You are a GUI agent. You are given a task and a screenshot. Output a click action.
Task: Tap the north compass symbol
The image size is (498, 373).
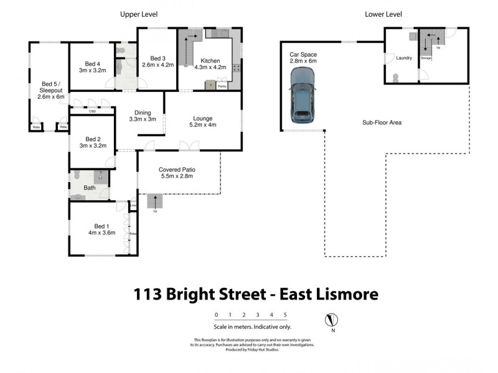pyautogui.click(x=332, y=321)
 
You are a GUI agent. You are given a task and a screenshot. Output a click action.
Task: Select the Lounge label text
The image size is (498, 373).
pyautogui.click(x=203, y=118)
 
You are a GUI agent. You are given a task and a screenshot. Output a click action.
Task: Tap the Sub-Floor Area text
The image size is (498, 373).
pyautogui.click(x=382, y=122)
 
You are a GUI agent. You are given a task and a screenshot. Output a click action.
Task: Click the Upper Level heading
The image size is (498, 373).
pyautogui.click(x=138, y=14)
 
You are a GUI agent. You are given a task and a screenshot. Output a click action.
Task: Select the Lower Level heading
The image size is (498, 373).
pyautogui.click(x=383, y=14)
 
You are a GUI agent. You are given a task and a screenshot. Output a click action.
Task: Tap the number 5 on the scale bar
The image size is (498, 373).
pyautogui.click(x=285, y=315)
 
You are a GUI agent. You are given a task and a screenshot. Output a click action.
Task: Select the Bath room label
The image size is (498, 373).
pyautogui.click(x=90, y=187)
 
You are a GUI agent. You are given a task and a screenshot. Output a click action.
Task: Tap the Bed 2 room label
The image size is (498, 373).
pyautogui.click(x=92, y=139)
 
